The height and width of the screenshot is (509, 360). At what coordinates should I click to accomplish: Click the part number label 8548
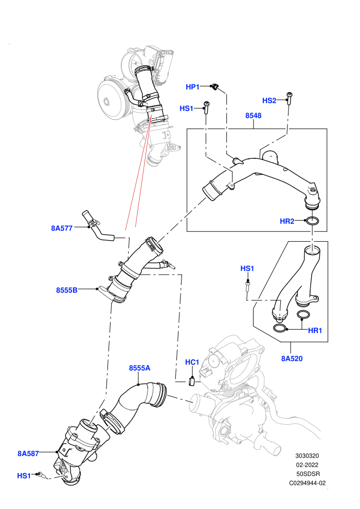pyautogui.click(x=253, y=116)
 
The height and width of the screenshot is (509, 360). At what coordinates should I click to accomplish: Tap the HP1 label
pyautogui.click(x=192, y=87)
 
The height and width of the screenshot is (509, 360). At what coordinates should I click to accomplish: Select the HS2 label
pyautogui.click(x=269, y=101)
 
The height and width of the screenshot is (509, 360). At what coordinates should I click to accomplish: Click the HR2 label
pyautogui.click(x=287, y=222)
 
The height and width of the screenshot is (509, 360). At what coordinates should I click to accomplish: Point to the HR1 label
pyautogui.click(x=315, y=331)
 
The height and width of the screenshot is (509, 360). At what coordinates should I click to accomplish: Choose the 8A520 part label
pyautogui.click(x=292, y=358)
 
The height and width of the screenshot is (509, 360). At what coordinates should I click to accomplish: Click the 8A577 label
pyautogui.click(x=62, y=228)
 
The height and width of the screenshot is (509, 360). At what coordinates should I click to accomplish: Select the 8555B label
pyautogui.click(x=67, y=290)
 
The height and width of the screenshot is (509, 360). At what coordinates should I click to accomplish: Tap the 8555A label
pyautogui.click(x=139, y=368)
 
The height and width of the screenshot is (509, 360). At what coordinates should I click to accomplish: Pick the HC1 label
pyautogui.click(x=192, y=362)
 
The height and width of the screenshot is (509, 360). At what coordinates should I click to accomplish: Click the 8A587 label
pyautogui.click(x=28, y=453)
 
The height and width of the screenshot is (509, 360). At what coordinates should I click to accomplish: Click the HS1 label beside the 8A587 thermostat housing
pyautogui.click(x=24, y=476)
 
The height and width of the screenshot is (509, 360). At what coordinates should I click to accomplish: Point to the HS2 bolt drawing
pyautogui.click(x=289, y=98)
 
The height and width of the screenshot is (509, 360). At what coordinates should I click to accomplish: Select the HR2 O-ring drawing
pyautogui.click(x=312, y=222)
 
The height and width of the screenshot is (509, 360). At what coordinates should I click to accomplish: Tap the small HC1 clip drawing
pyautogui.click(x=191, y=381)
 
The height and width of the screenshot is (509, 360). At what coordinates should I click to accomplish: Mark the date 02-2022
pyautogui.click(x=307, y=465)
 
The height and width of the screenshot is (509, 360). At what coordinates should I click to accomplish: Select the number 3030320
pyautogui.click(x=307, y=456)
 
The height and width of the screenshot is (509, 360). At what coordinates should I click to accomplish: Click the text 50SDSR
pyautogui.click(x=308, y=474)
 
